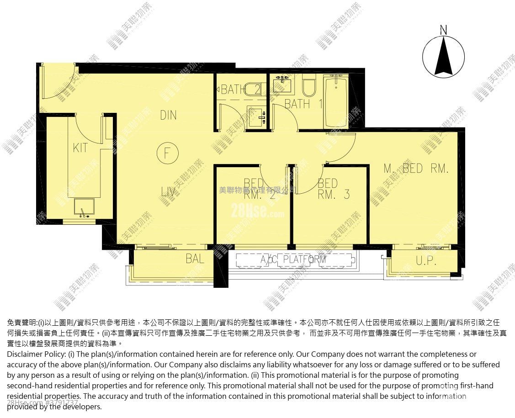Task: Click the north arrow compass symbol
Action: pyautogui.click(x=443, y=56)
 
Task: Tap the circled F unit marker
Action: pyautogui.click(x=168, y=153)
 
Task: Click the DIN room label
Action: pyautogui.click(x=168, y=115)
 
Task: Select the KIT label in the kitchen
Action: pyautogui.click(x=80, y=148)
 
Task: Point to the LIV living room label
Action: pyautogui.click(x=168, y=192)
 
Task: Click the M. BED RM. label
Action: pyautogui.click(x=416, y=169)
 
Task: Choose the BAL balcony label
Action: pyautogui.click(x=195, y=259)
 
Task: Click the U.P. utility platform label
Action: pyautogui.click(x=426, y=261)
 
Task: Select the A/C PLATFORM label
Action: pyautogui.click(x=293, y=259)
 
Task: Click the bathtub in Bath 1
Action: pyautogui.click(x=335, y=102)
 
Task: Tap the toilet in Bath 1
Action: pyautogui.click(x=309, y=87)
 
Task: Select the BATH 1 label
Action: pyautogui.click(x=303, y=104)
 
